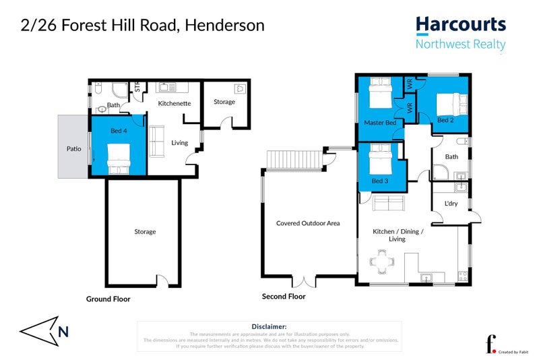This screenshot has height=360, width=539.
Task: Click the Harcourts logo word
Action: (460, 25)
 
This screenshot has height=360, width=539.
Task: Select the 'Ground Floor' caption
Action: (108, 299)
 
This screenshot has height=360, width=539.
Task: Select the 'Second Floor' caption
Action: (284, 296)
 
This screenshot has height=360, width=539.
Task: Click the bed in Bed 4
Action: (119, 159)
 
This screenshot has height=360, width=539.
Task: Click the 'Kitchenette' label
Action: (175, 104)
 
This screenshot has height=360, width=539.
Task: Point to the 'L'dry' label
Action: (451, 204)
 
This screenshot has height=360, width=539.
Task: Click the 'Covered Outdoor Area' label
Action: (307, 223)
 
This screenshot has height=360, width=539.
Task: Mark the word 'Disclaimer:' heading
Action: (269, 326)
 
